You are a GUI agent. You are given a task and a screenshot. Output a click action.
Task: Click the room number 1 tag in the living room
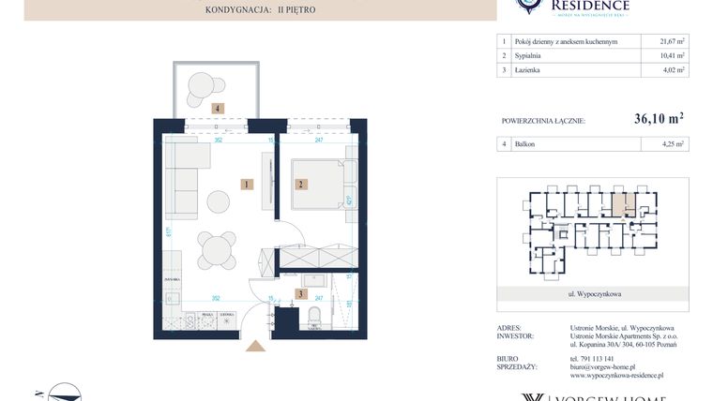coord(245,185)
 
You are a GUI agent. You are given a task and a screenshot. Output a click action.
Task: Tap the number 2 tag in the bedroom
coord(301,185)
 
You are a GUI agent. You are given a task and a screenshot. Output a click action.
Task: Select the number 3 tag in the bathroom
coord(300,294)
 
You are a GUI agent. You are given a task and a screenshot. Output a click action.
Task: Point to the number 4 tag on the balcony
coord(218,109)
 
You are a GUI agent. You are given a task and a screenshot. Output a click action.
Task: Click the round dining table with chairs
coord(218,249)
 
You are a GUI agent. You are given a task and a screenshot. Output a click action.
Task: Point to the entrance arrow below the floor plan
coord(254,346)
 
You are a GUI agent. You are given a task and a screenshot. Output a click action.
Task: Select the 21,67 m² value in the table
coord(665,41)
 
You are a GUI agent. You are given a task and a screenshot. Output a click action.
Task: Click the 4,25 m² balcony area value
coord(665,144)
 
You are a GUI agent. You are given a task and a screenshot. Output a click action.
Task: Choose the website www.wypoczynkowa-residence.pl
coord(617,375)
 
